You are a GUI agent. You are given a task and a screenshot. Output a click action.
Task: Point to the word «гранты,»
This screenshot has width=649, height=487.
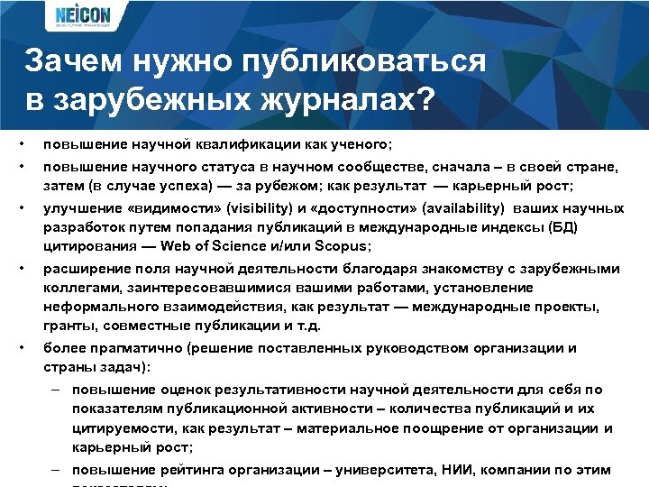click(x=69, y=324)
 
